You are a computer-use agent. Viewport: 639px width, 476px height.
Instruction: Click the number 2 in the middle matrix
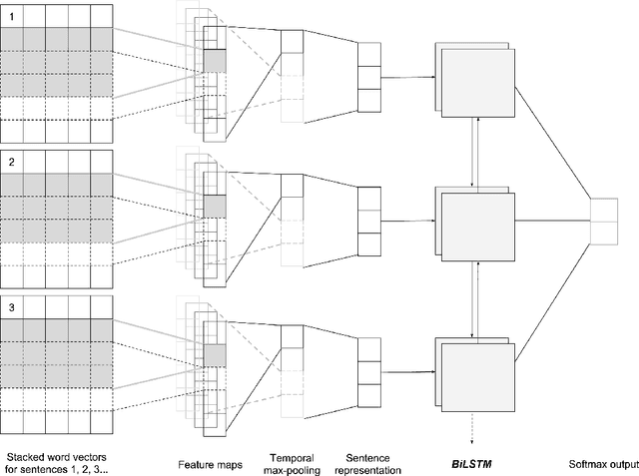[11, 160]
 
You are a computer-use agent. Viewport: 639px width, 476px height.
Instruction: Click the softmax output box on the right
[604, 221]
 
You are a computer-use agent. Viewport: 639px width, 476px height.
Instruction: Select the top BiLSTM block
[475, 74]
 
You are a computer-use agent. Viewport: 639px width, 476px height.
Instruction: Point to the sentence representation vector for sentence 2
[369, 221]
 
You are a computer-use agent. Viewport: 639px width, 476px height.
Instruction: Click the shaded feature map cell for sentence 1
[216, 60]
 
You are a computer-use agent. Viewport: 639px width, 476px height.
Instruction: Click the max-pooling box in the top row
[291, 41]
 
